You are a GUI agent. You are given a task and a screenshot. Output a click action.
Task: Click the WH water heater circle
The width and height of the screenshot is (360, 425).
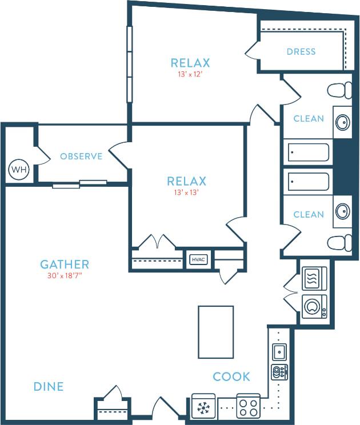pos(18,170)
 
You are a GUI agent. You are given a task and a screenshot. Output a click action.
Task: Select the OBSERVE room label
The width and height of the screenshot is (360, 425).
pos(81,156)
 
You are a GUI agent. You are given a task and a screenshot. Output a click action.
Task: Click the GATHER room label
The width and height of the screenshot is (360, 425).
pos(65,264)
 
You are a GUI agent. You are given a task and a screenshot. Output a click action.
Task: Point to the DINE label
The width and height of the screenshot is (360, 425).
pos(48,387)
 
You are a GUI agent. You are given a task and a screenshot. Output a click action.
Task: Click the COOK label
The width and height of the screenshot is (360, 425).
pos(231,376)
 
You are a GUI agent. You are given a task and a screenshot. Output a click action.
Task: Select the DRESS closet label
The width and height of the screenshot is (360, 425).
pos(301,51)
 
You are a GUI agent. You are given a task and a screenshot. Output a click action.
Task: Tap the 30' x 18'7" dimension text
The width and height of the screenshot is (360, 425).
pos(65,276)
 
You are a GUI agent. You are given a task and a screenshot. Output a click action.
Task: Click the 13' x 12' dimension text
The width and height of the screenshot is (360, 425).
pos(190,74)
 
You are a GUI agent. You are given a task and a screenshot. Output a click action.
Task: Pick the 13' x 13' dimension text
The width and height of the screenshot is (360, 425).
pos(186,193)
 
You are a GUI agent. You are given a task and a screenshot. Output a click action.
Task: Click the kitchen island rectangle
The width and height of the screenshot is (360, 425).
pos(215,330)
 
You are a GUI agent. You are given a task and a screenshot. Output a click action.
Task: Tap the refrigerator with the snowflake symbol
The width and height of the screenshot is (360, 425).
pos(204,407)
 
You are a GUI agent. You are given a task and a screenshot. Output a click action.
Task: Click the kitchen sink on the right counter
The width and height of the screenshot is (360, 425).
pos(279,350)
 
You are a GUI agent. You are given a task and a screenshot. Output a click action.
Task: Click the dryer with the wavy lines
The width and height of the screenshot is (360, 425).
pos(314,279)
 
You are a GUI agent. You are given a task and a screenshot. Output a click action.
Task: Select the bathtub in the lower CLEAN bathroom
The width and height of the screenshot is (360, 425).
pos(309,182)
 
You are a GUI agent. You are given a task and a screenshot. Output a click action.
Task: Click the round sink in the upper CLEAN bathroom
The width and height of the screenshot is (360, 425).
pos(342,122)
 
